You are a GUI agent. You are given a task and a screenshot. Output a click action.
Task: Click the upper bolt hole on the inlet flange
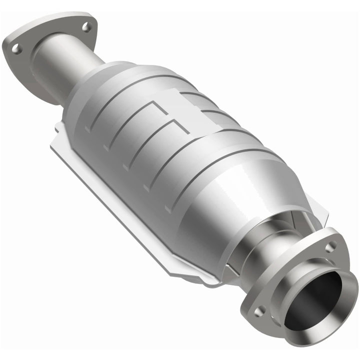click(x=86, y=26)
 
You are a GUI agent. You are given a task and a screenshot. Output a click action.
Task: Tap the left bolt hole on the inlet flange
click(x=15, y=48)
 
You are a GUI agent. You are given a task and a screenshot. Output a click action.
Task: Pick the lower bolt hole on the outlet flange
click(x=258, y=310)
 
